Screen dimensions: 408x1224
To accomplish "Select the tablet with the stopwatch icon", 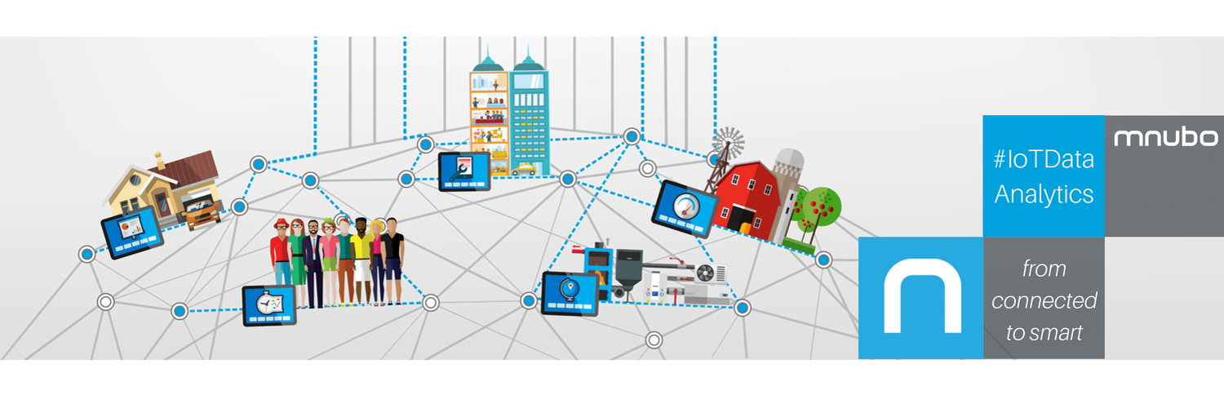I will [268, 305].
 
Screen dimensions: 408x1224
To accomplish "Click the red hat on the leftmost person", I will [281, 224].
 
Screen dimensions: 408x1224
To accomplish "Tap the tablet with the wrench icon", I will [463, 171].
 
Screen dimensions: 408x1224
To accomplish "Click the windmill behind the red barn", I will [728, 144].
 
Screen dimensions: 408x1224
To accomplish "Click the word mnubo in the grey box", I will [1165, 138].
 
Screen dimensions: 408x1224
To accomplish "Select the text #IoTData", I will [1043, 161].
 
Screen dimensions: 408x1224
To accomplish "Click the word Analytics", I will [1043, 194].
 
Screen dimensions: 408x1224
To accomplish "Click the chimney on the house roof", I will [160, 161].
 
